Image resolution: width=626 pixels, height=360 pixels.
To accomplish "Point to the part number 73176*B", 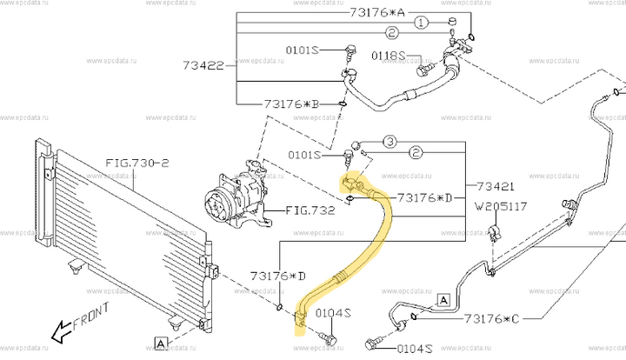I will [x=289, y=104].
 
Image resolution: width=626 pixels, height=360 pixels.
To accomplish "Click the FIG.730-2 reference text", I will [x=136, y=162].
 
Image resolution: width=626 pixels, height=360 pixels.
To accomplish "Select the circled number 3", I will [x=390, y=141].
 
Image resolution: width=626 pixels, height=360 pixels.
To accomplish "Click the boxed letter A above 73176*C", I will [x=443, y=299].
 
